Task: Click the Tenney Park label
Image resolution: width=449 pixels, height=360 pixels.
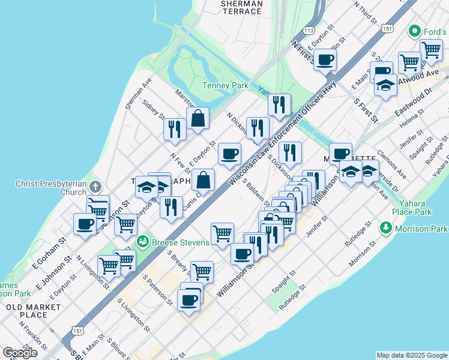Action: [224, 86]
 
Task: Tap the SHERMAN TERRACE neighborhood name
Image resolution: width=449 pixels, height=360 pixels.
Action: [242, 7]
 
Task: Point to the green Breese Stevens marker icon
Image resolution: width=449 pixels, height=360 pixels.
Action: [143, 242]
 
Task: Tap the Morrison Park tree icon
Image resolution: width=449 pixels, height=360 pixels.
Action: [386, 229]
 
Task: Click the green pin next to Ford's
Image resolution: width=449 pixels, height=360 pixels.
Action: [414, 31]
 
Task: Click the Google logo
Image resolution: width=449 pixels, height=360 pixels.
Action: [20, 353]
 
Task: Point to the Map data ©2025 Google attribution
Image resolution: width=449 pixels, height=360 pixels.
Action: [412, 355]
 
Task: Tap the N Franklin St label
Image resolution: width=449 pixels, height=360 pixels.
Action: [33, 335]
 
